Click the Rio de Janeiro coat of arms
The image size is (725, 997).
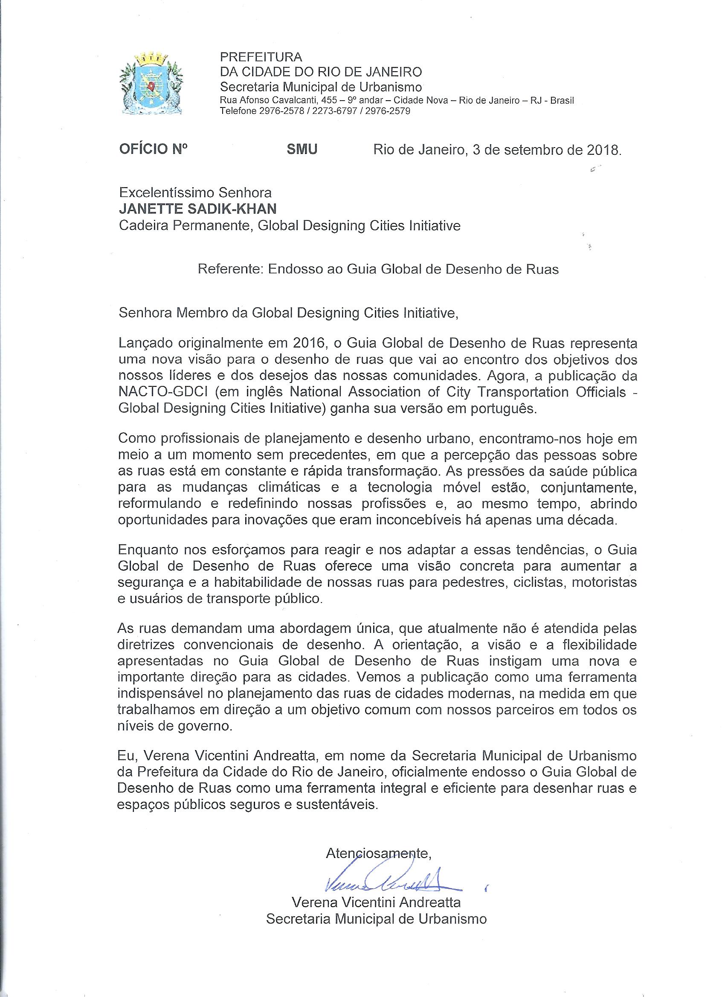coord(151,83)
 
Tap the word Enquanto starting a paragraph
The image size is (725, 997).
coord(148,551)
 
